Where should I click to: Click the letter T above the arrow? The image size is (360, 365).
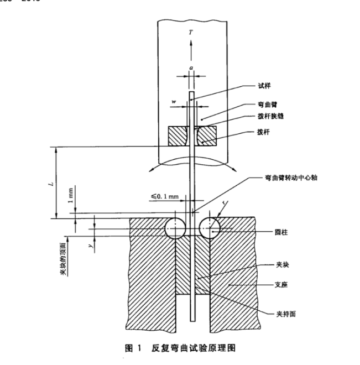191,33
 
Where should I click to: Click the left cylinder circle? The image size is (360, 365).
175,227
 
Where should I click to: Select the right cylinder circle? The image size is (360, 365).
210,227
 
